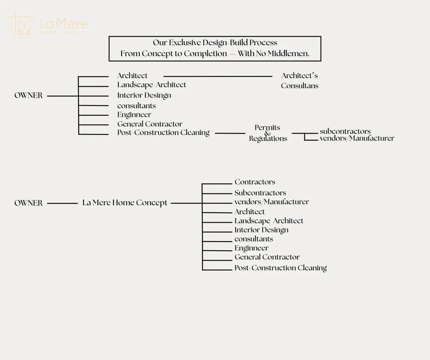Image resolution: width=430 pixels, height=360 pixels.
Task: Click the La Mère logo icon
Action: pos(21,25)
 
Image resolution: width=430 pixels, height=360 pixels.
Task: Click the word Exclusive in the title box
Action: pos(185,43)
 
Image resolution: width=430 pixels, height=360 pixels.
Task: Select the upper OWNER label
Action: pos(28,96)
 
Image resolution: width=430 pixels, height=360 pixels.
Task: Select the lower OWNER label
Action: pos(28,203)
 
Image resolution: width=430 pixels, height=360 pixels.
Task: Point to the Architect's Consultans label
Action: pos(300,81)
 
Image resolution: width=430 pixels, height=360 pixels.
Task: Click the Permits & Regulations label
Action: pos(268,133)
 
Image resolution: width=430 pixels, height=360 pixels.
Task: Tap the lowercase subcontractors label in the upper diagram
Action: pos(345,131)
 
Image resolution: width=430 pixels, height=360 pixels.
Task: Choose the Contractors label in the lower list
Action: pos(255,182)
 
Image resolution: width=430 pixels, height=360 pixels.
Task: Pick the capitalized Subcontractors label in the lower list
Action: pos(260,193)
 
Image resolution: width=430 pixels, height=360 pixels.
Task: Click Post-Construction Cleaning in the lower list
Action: pos(281,268)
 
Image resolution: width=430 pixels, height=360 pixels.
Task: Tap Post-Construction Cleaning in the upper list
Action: pos(163,133)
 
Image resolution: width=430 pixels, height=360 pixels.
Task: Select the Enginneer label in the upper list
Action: pos(134,115)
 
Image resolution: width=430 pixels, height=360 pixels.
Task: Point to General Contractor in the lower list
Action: pos(267,257)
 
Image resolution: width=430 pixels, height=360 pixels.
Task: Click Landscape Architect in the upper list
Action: pos(152,85)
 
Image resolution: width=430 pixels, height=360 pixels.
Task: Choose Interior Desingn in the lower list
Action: pos(261,230)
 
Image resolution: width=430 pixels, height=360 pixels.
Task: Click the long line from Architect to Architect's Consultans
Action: pos(218,76)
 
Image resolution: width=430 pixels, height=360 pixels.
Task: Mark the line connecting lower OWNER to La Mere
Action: pos(62,203)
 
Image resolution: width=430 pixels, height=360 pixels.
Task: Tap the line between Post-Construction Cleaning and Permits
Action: pos(230,133)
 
